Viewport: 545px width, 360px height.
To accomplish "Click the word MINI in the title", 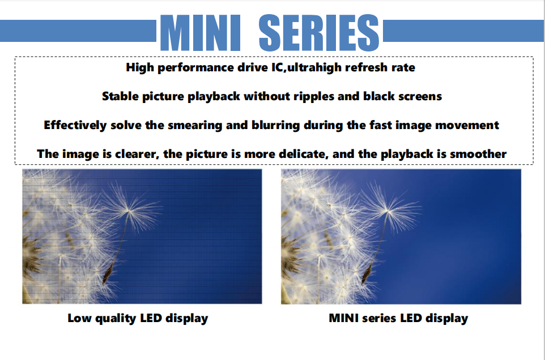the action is (200, 33).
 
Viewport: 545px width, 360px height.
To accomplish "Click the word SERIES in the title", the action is (319, 33).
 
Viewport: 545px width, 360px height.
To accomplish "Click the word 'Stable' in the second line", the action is (120, 96).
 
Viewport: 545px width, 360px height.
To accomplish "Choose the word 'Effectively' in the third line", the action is (75, 125).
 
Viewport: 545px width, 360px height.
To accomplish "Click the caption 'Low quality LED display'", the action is (138, 318).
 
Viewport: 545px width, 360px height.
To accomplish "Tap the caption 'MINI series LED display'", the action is (398, 318).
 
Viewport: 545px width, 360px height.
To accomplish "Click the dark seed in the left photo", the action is (108, 273).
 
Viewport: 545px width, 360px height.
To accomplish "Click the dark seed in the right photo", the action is (367, 273).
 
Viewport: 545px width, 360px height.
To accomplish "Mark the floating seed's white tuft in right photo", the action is (388, 209).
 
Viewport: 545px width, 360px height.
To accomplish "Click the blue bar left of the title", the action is (78, 31).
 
